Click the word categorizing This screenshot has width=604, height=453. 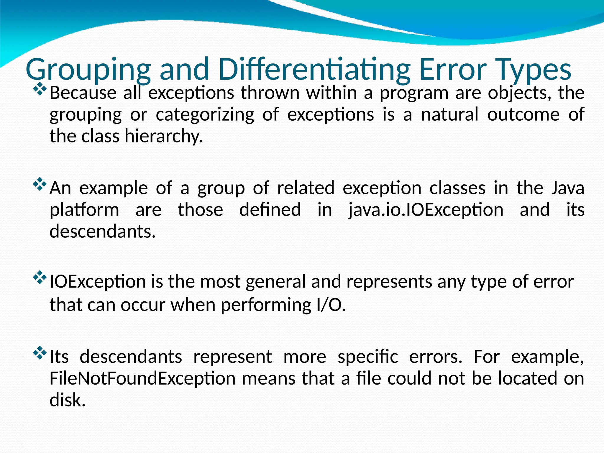tap(205, 115)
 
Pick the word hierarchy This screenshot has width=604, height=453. tap(164, 136)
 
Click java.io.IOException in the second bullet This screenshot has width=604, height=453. tap(426, 210)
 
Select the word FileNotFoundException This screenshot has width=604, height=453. tap(142, 378)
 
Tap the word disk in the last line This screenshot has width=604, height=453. tap(68, 400)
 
